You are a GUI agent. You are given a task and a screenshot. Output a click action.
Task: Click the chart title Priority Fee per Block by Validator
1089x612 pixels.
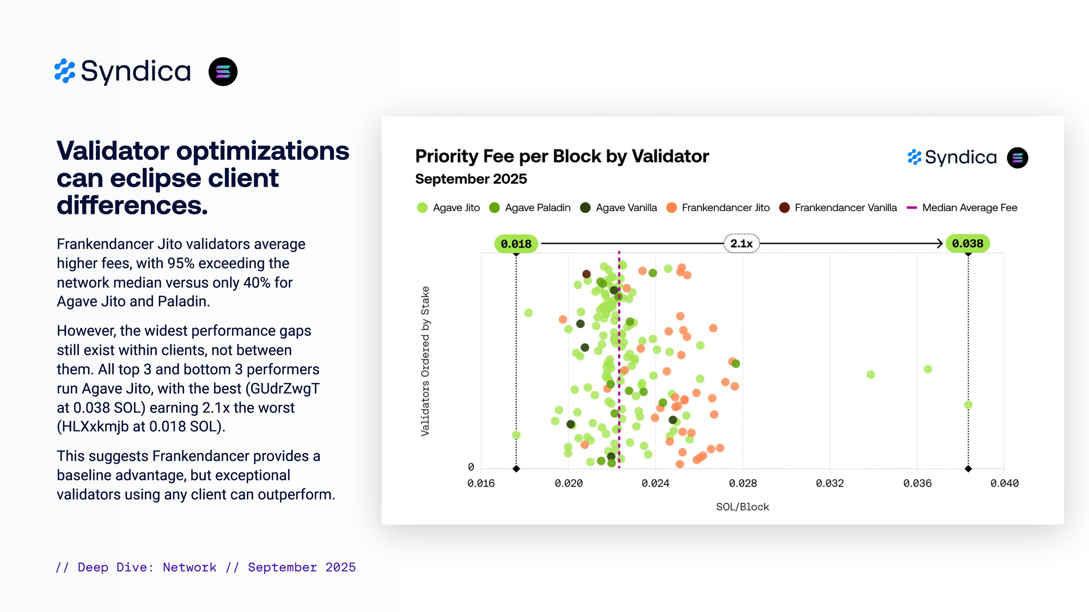(561, 157)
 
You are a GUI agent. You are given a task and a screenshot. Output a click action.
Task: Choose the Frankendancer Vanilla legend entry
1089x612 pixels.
(838, 208)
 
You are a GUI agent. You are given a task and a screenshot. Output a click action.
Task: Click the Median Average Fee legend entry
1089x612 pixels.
(962, 208)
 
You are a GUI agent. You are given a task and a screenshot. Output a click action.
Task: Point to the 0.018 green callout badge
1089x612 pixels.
(516, 244)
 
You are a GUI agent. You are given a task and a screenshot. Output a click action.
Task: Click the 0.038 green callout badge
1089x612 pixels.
(968, 244)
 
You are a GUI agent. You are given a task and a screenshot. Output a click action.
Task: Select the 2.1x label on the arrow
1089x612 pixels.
(741, 244)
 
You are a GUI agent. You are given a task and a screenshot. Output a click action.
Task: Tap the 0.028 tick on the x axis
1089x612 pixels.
(743, 483)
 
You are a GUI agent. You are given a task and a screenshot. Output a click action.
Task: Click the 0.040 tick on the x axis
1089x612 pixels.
(1004, 483)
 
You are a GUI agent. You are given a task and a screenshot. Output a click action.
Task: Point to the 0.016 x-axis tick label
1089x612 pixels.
(481, 483)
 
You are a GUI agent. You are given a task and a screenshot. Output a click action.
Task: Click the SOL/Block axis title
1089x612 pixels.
(742, 507)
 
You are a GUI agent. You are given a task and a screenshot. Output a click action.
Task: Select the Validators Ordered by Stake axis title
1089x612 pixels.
(425, 361)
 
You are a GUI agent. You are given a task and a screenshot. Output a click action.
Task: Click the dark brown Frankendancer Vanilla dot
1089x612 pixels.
(586, 274)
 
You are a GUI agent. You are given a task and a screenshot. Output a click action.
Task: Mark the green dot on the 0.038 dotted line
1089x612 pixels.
(968, 405)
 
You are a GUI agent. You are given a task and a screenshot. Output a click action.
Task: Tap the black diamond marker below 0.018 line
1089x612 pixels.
(516, 468)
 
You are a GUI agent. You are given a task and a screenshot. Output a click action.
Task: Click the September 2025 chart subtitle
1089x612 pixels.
(471, 179)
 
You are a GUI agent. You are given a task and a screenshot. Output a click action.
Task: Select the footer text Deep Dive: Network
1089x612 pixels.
(147, 567)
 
